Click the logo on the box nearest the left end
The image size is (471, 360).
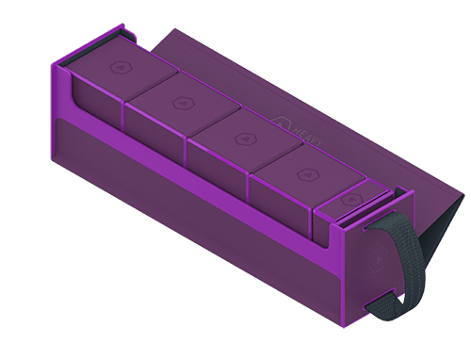coord(121,67)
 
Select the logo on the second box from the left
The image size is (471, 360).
coord(178,101)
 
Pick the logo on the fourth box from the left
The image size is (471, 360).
coord(304,174)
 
